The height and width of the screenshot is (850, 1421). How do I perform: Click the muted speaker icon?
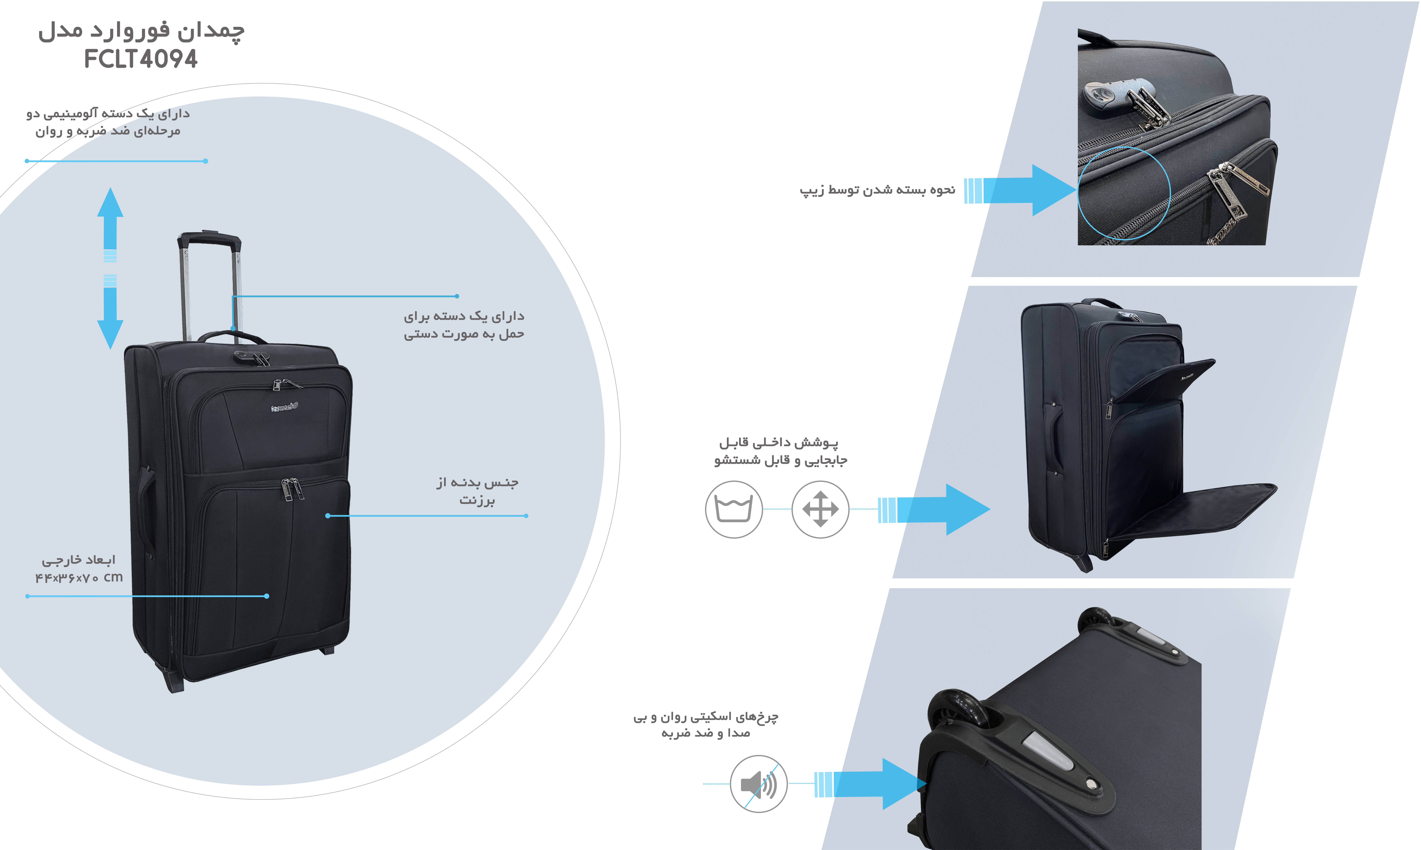point(758,784)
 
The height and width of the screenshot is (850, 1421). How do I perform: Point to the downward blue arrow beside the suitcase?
point(110,318)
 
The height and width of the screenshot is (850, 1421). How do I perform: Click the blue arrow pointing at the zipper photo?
point(1025,190)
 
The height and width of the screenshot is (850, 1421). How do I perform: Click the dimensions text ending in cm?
point(79,577)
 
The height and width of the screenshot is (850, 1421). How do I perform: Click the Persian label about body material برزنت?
point(477,491)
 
